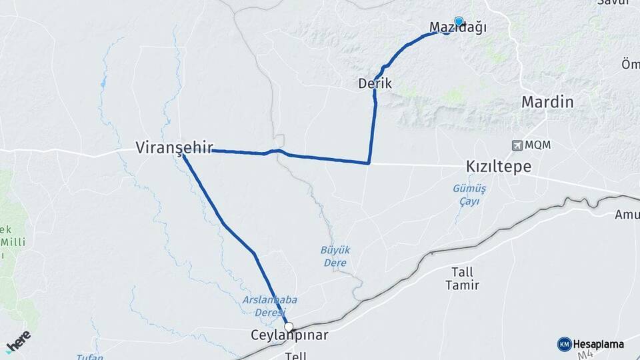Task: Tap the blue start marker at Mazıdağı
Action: tap(458, 21)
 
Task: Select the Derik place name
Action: tap(375, 84)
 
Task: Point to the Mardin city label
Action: tap(547, 103)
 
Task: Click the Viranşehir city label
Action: tap(169, 147)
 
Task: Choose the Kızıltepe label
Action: tap(499, 167)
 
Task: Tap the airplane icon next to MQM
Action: tap(517, 145)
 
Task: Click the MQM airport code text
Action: tap(537, 145)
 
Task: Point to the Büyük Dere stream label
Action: tap(335, 256)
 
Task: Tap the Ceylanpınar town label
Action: tap(289, 335)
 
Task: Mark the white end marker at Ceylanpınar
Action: tap(289, 327)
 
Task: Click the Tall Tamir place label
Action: tap(461, 279)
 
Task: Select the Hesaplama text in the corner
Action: tap(599, 344)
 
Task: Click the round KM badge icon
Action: tap(564, 344)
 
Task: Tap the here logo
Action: tap(18, 341)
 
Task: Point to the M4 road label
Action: tap(585, 355)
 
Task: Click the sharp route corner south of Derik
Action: tap(369, 163)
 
